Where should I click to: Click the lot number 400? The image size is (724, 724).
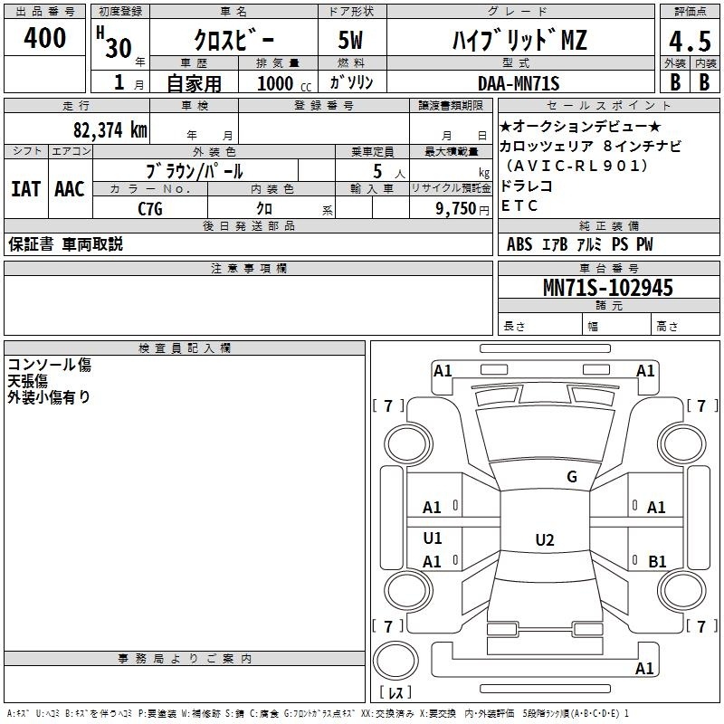tap(44, 38)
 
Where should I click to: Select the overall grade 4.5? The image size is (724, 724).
tap(690, 41)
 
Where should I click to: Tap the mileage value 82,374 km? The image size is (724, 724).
tap(110, 129)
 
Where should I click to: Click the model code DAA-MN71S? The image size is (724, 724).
tap(519, 83)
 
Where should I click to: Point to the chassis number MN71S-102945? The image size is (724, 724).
tap(607, 288)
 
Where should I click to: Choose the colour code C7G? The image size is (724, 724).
tap(150, 209)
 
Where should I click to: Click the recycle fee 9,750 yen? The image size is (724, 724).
tap(462, 209)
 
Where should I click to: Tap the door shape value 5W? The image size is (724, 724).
tap(350, 40)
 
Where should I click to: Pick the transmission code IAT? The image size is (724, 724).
tap(25, 189)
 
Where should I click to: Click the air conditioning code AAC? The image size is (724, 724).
tap(70, 189)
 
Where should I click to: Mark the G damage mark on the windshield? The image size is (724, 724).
tap(572, 477)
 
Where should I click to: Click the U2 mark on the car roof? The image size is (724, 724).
tap(545, 539)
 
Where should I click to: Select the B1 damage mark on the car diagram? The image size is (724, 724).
tap(657, 561)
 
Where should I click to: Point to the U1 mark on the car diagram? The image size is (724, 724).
tap(433, 538)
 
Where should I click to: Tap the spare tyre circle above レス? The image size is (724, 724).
tap(395, 661)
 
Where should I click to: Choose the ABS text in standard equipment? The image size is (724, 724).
tap(519, 244)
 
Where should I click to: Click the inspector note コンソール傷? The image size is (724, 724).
tap(50, 365)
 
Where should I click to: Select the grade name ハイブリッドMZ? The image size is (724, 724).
tap(519, 40)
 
